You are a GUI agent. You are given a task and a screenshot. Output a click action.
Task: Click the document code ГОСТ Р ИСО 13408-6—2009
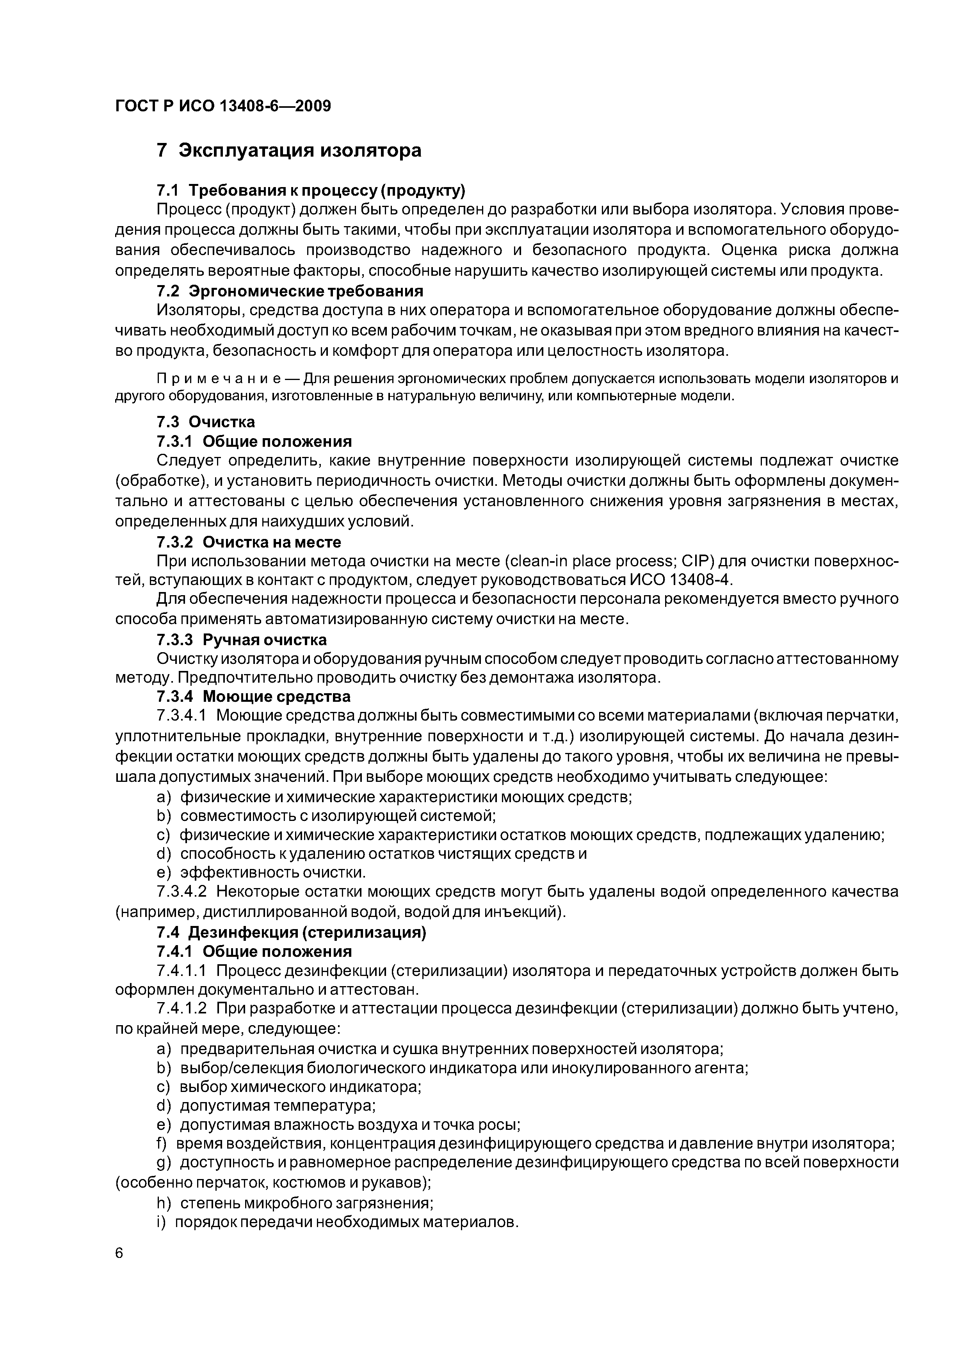click(222, 106)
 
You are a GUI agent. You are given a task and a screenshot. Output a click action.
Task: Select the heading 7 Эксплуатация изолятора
click(289, 150)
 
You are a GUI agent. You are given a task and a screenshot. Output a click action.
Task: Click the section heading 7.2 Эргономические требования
click(290, 291)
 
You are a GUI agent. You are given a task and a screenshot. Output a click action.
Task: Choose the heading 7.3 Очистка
click(206, 422)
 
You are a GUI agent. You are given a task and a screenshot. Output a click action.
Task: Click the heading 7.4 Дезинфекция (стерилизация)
click(291, 932)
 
